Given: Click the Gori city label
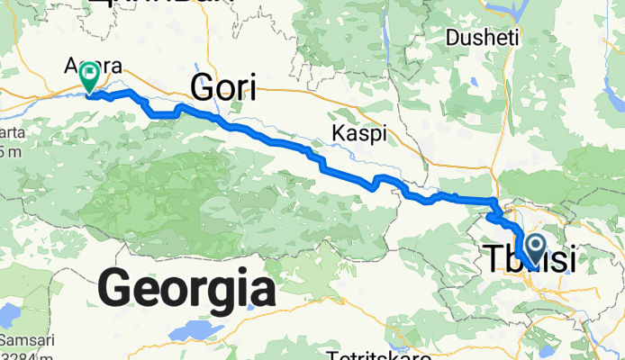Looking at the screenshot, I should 222,88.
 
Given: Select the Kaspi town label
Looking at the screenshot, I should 359,133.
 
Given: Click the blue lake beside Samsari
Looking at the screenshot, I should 12,317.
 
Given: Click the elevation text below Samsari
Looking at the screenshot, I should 24,357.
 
